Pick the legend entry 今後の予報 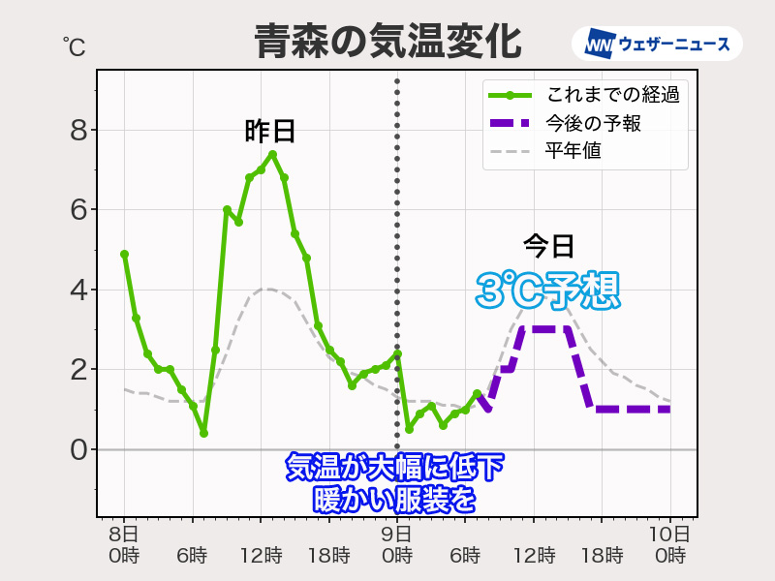click(x=581, y=123)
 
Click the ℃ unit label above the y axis click(x=74, y=45)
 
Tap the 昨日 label click(x=270, y=132)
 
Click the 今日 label click(x=549, y=246)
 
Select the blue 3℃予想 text click(x=547, y=290)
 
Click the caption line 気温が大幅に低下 click(x=395, y=468)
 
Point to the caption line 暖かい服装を click(x=395, y=499)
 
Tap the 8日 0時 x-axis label click(x=124, y=544)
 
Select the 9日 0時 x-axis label click(x=396, y=544)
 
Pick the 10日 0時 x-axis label click(x=669, y=544)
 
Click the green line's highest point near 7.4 click(x=272, y=154)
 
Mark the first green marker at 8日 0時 click(x=124, y=254)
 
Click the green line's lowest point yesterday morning click(x=203, y=433)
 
